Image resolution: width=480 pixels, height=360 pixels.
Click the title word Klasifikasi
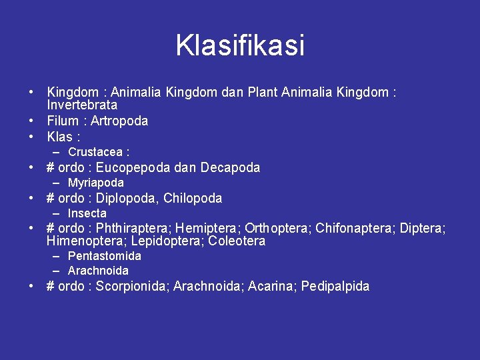240,45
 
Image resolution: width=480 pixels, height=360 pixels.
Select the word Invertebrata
82,105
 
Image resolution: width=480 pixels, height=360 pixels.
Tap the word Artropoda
119,121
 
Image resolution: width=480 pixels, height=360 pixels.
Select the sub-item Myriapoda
96,183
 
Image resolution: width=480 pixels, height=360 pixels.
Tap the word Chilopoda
193,198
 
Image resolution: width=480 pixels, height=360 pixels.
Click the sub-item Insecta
87,213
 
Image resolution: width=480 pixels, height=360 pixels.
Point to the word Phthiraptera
133,229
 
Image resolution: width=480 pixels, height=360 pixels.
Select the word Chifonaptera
355,229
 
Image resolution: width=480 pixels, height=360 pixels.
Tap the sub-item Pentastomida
105,256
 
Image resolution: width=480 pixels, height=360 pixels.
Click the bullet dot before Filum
32,121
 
